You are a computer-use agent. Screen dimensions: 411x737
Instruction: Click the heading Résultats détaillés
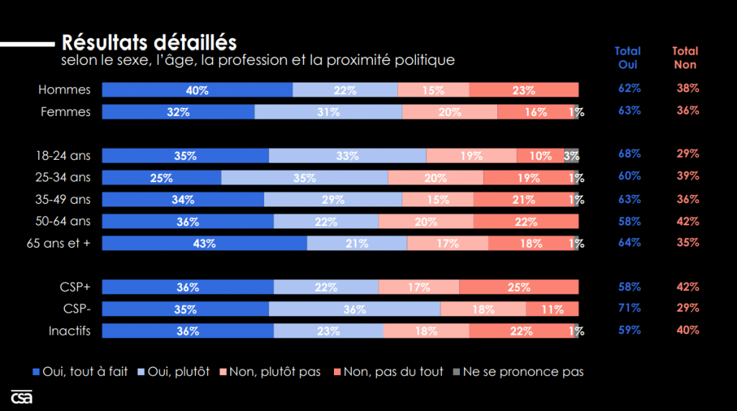click(149, 42)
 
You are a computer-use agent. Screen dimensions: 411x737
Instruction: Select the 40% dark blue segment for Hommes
click(197, 90)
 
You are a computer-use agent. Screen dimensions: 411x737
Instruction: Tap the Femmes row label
click(65, 112)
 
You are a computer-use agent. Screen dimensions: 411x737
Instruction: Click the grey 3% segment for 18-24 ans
click(571, 155)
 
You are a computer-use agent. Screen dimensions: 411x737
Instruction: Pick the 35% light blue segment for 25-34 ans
click(304, 178)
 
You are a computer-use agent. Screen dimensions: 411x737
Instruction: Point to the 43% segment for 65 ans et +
click(204, 243)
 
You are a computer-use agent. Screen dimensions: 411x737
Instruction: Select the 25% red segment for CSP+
click(518, 287)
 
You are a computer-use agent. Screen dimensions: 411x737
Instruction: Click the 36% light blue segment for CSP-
click(354, 309)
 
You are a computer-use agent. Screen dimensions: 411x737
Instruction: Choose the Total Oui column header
click(628, 58)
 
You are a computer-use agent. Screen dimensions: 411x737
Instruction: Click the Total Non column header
click(685, 58)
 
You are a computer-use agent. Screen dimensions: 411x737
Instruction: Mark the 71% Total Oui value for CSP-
click(629, 308)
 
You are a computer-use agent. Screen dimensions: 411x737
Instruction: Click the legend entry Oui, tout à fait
click(81, 371)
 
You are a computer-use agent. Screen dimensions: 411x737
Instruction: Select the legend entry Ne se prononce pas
click(517, 371)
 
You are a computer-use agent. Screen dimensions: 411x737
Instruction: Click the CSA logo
click(22, 397)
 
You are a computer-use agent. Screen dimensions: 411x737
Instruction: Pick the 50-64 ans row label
click(63, 221)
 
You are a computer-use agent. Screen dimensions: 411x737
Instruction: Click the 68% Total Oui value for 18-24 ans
click(629, 154)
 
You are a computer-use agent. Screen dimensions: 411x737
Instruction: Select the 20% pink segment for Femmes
click(450, 112)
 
